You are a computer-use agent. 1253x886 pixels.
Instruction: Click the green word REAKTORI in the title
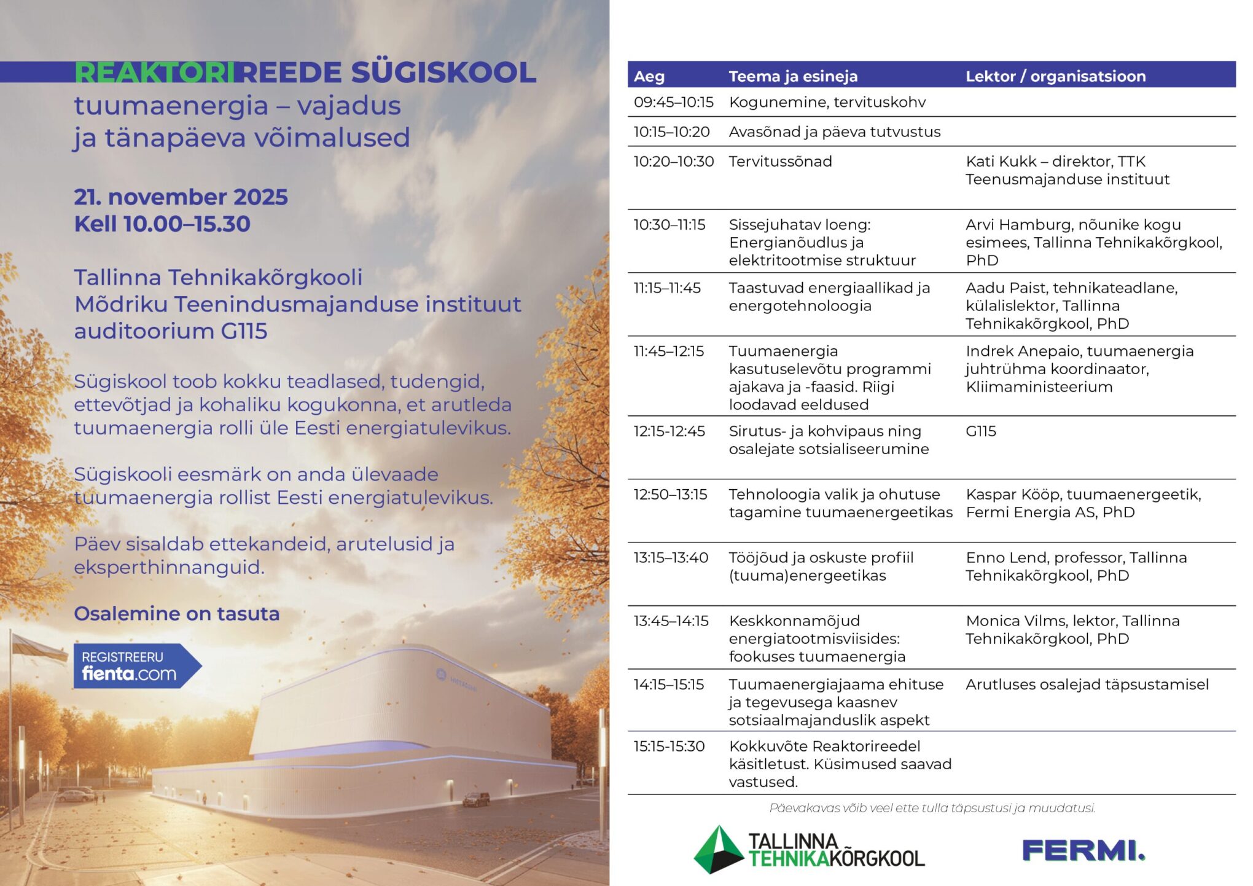pyautogui.click(x=154, y=73)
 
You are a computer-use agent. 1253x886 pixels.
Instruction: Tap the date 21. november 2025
pyautogui.click(x=181, y=197)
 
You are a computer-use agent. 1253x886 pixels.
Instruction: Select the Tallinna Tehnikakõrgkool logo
pyautogui.click(x=809, y=850)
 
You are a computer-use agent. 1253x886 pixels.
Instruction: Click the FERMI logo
pyautogui.click(x=1083, y=851)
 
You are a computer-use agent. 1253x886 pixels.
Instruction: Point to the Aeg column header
pyautogui.click(x=649, y=76)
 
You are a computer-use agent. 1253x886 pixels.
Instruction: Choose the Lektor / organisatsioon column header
pyautogui.click(x=1055, y=76)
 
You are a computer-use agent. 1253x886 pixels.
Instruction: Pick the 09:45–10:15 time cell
pyautogui.click(x=673, y=102)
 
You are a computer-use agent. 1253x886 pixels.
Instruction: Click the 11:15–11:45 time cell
pyautogui.click(x=667, y=288)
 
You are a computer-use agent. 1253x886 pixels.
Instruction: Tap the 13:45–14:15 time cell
pyautogui.click(x=671, y=621)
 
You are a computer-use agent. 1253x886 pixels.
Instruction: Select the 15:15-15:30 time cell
pyautogui.click(x=669, y=747)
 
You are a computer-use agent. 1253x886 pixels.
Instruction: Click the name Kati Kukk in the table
pyautogui.click(x=1001, y=162)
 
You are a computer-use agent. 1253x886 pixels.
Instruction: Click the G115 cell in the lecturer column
pyautogui.click(x=981, y=431)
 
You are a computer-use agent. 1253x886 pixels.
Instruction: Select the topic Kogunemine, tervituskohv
pyautogui.click(x=827, y=102)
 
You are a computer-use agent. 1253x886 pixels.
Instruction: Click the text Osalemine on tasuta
pyautogui.click(x=176, y=613)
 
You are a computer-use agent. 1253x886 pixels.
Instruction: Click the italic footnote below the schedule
pyautogui.click(x=932, y=808)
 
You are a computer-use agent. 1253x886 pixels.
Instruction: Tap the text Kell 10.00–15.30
pyautogui.click(x=162, y=224)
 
